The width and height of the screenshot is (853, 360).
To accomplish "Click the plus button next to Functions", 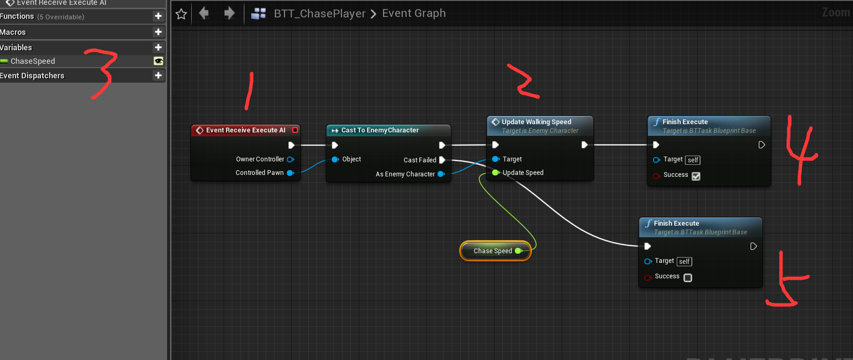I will [158, 16].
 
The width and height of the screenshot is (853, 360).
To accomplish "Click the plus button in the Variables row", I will [158, 47].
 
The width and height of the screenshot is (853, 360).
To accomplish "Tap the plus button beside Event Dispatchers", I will [158, 75].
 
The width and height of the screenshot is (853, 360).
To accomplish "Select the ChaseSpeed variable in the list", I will [33, 61].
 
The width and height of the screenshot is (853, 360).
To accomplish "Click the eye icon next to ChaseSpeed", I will [158, 61].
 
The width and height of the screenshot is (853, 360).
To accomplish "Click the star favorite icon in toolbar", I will [181, 14].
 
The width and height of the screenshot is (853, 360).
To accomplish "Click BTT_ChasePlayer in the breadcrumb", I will [319, 14].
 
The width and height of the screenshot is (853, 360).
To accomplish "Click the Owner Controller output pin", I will [290, 159].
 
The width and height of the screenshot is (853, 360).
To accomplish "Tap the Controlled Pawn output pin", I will [290, 173].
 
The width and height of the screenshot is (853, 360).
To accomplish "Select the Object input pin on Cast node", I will [335, 159].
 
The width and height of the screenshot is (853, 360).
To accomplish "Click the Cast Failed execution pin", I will [442, 160].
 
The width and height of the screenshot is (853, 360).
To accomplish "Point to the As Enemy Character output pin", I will [441, 174].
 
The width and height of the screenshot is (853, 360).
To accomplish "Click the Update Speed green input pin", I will [495, 173].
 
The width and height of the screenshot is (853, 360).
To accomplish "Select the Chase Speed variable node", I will [493, 251].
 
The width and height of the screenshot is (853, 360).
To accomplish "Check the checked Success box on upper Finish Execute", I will [696, 176].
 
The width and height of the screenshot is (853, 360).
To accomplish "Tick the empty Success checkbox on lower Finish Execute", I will [688, 278].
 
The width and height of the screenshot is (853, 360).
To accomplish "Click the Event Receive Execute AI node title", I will [245, 130].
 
